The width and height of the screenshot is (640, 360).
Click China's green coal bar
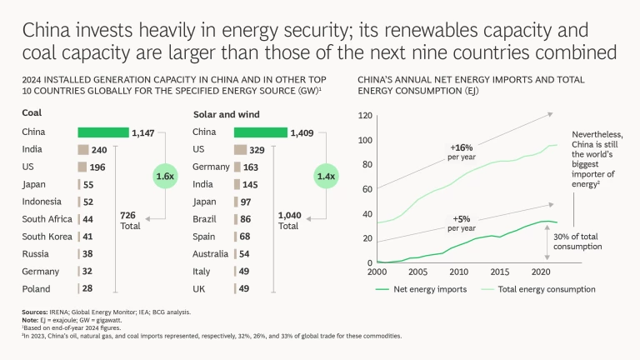(103, 132)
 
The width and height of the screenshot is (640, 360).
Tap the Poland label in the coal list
(36, 287)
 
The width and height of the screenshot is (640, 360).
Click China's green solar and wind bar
(261, 132)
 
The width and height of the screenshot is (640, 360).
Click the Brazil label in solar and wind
(205, 218)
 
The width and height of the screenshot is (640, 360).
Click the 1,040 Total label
(288, 220)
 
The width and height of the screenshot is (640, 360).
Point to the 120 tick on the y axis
(365, 116)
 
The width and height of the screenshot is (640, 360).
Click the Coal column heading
(32, 112)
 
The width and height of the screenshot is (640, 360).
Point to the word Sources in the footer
(35, 312)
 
